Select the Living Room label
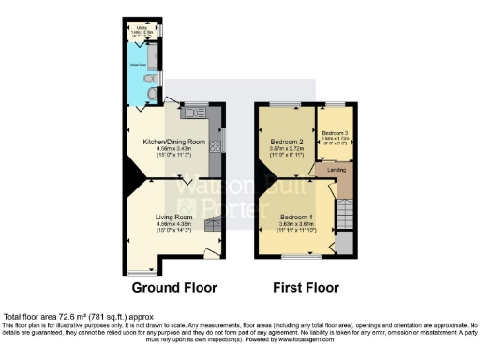173,217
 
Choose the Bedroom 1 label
293,217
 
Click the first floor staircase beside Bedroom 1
344,215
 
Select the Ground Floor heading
174,287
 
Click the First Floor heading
306,287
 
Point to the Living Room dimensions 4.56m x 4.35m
173,225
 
